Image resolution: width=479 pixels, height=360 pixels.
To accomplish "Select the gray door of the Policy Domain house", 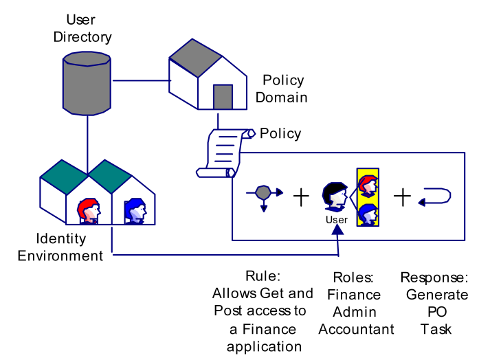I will pyautogui.click(x=223, y=97).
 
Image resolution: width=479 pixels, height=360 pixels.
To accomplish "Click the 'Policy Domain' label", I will pyautogui.click(x=281, y=89).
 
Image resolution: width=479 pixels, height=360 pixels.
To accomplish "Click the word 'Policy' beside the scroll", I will pyautogui.click(x=280, y=133).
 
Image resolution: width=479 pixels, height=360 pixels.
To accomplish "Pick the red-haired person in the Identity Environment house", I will pyautogui.click(x=89, y=210).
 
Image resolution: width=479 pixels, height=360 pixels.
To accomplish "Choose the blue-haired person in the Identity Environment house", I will pyautogui.click(x=135, y=210).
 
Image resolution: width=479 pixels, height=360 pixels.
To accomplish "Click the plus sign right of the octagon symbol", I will pyautogui.click(x=301, y=197).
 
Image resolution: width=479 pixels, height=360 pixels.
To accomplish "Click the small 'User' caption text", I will pyautogui.click(x=337, y=220).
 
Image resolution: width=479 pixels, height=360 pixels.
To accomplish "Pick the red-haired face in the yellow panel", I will pyautogui.click(x=368, y=185).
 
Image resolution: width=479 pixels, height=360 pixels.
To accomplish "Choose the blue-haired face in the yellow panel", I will pyautogui.click(x=368, y=213).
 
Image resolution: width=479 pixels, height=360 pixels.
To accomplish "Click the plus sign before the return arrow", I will pyautogui.click(x=402, y=197).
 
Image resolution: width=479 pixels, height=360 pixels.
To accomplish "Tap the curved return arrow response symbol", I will pyautogui.click(x=434, y=196).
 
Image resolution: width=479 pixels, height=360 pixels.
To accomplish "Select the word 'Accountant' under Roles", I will pyautogui.click(x=356, y=329).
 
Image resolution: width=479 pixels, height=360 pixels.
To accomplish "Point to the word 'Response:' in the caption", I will pyautogui.click(x=435, y=278).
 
